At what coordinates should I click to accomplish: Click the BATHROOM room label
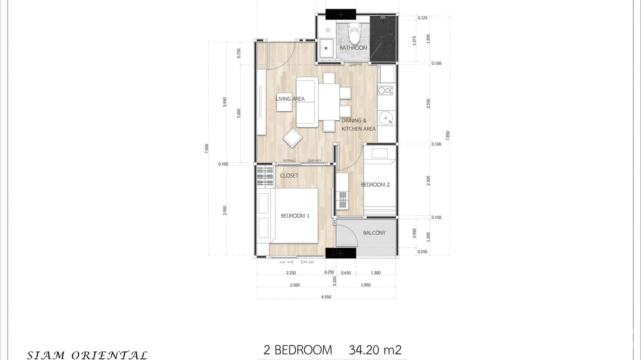(353, 48)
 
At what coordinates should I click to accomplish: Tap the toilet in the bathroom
(354, 34)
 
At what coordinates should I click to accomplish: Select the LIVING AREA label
(290, 99)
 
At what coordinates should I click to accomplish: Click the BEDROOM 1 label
(295, 216)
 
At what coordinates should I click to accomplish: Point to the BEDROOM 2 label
(375, 185)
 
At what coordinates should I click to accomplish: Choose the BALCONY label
(374, 233)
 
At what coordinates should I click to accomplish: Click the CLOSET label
(289, 176)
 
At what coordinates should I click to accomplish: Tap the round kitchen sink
(385, 117)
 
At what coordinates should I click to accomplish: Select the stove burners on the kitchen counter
(385, 90)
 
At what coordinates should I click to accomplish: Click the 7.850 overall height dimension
(448, 136)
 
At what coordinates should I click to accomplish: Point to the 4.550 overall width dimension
(326, 296)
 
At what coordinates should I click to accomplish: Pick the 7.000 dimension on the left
(207, 148)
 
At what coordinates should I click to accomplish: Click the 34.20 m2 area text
(375, 350)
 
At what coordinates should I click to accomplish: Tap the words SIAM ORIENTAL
(87, 355)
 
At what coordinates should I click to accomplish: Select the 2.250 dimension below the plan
(290, 273)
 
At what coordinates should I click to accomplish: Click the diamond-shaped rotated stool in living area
(292, 138)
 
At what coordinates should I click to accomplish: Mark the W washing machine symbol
(328, 30)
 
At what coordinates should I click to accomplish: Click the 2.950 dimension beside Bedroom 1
(225, 210)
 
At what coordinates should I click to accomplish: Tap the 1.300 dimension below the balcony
(375, 273)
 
